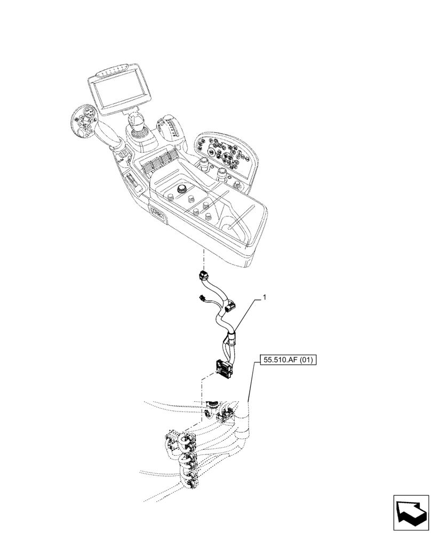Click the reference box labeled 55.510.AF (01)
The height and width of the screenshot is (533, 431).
click(x=289, y=360)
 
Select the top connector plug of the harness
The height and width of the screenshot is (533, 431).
click(x=203, y=276)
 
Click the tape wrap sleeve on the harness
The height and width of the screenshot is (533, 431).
click(x=231, y=336)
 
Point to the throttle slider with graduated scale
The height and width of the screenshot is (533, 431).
click(x=166, y=131)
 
